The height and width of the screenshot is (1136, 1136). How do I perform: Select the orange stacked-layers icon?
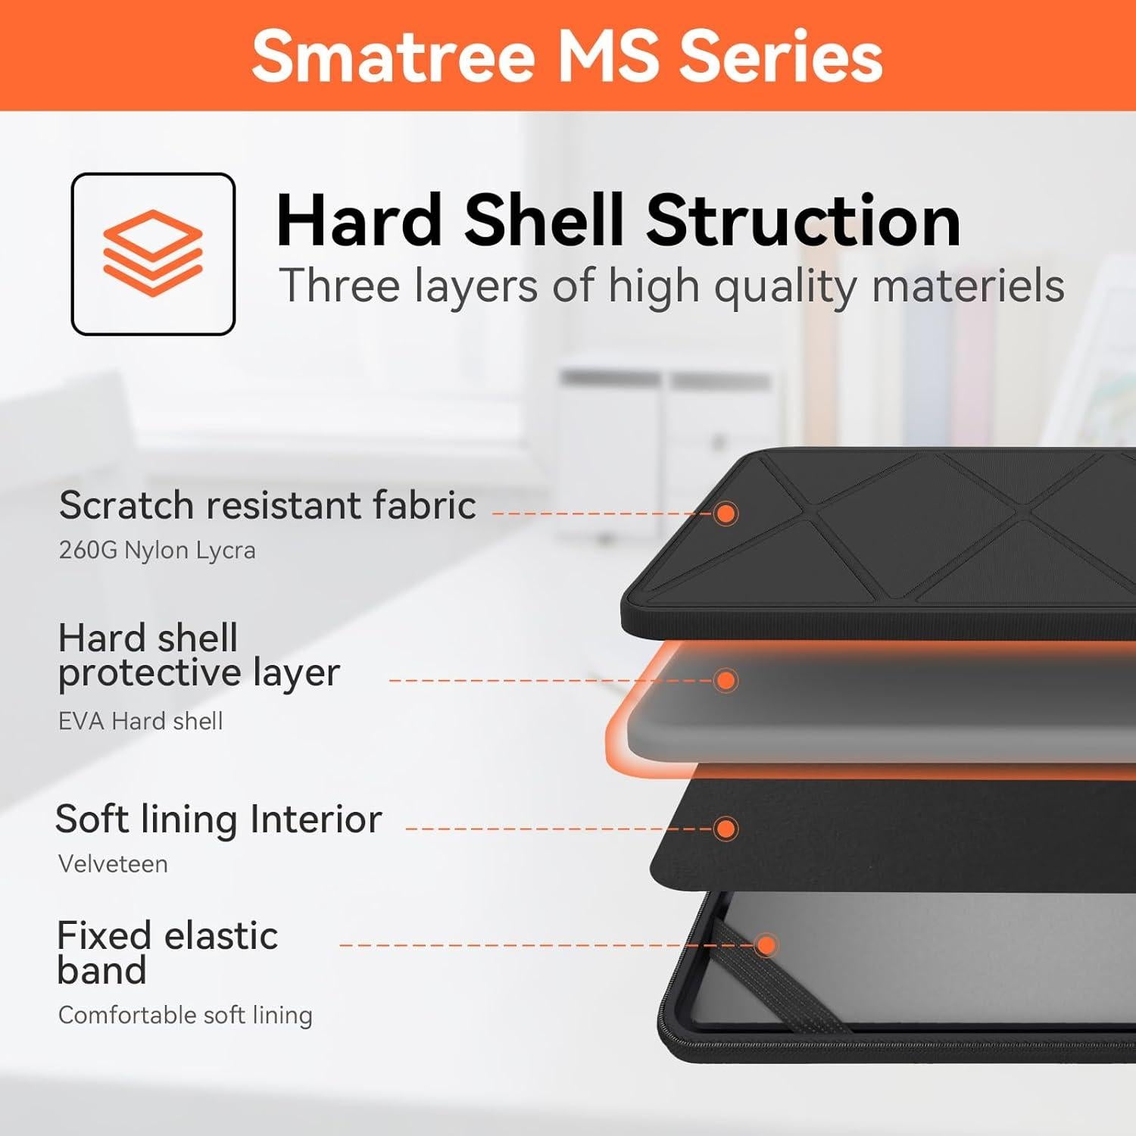pos(153,253)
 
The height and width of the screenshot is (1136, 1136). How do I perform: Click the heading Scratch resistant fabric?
pos(267,505)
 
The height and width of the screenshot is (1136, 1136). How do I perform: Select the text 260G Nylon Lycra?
pos(157,550)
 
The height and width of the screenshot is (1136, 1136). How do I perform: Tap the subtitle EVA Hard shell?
pos(140,721)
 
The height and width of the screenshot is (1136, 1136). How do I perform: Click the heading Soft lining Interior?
pos(218,819)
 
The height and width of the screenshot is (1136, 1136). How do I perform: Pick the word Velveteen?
pos(113,864)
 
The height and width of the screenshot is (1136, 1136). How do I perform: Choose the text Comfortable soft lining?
pos(185,1015)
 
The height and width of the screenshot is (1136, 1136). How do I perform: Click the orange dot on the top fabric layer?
pos(726,513)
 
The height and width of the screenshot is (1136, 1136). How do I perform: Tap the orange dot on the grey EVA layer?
pos(726,680)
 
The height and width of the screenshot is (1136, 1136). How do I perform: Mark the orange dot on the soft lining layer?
pos(726,828)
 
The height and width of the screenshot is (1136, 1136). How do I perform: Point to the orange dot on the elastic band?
pos(766,945)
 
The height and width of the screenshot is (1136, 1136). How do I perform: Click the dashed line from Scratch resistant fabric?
pos(598,513)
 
